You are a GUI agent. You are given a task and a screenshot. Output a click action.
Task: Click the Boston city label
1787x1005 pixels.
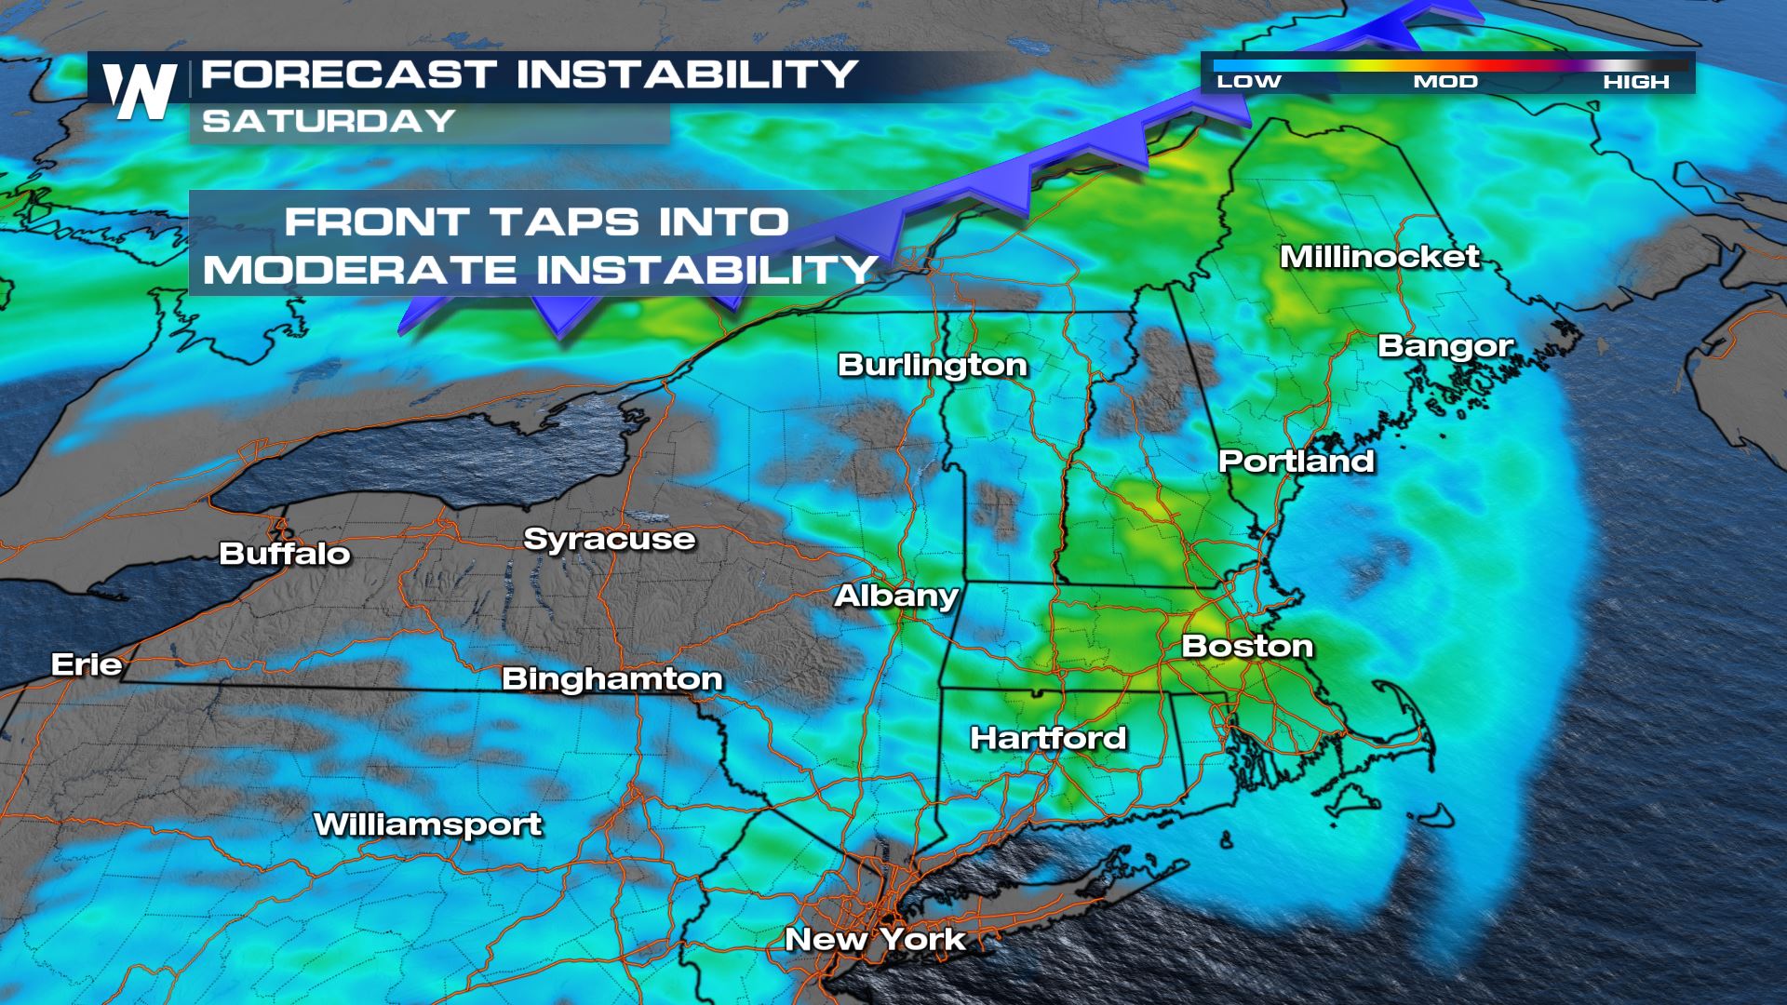click(x=1247, y=646)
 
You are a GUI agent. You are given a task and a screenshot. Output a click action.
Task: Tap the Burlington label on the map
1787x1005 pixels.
click(x=933, y=364)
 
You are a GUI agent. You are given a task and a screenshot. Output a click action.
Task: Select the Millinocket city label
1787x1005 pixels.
click(x=1379, y=256)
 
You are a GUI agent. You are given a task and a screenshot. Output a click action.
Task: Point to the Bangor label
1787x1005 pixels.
click(x=1445, y=345)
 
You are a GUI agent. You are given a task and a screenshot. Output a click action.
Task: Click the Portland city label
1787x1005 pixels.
click(x=1297, y=461)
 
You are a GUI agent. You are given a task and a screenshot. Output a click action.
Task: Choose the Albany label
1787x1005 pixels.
click(x=896, y=596)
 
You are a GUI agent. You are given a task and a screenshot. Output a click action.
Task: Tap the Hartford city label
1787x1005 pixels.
click(x=1048, y=738)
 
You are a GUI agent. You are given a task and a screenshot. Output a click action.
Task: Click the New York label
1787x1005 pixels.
click(x=875, y=939)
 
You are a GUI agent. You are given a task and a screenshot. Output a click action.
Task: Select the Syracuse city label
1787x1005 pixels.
click(x=610, y=539)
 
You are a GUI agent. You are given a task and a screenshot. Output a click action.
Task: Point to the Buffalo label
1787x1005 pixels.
click(x=285, y=554)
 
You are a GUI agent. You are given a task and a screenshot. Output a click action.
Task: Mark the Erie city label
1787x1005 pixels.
click(x=87, y=664)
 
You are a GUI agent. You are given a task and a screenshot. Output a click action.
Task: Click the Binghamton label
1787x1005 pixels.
click(x=612, y=678)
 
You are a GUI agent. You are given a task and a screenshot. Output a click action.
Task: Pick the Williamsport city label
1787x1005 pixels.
click(x=428, y=824)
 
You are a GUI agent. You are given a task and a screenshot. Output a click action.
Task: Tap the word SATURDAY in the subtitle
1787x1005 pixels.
click(x=329, y=121)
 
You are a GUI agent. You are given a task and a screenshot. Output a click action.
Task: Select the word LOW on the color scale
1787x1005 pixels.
click(x=1249, y=82)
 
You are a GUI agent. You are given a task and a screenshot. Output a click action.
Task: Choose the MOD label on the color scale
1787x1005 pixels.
click(x=1445, y=82)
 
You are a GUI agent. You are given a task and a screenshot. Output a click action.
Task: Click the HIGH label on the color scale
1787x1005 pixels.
click(x=1636, y=82)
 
